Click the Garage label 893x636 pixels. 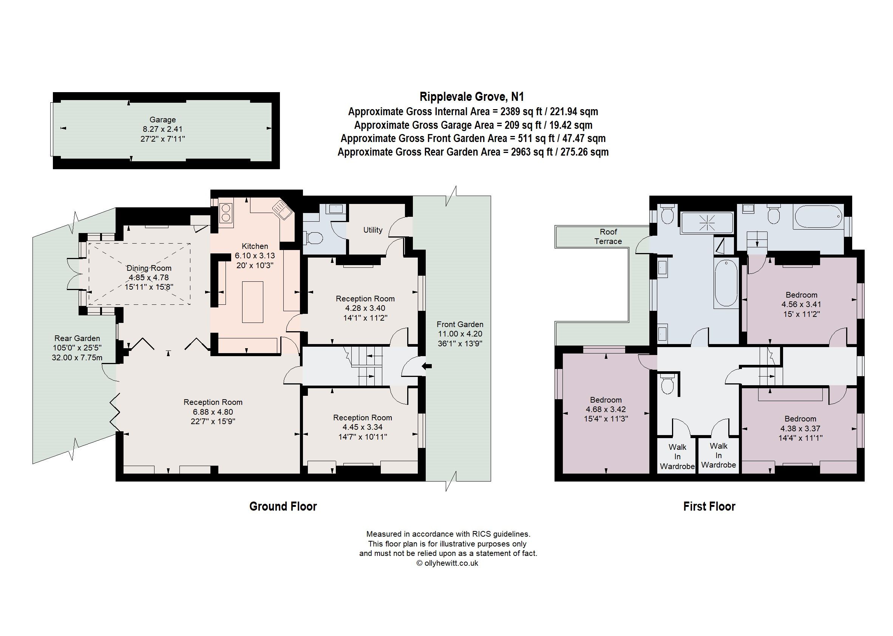162,120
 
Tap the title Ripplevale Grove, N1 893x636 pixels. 471,97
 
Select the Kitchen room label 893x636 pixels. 255,246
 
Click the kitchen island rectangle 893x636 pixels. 252,301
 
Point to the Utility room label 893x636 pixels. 372,230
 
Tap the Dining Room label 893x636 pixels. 149,268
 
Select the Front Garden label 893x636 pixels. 460,324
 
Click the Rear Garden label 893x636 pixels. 77,338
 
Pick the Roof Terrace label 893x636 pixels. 608,236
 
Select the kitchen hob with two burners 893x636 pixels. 226,213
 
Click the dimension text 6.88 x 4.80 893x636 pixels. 213,412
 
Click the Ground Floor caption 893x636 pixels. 283,506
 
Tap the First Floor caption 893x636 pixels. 709,506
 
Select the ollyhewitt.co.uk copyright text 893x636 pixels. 447,563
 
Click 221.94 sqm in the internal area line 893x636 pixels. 574,112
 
